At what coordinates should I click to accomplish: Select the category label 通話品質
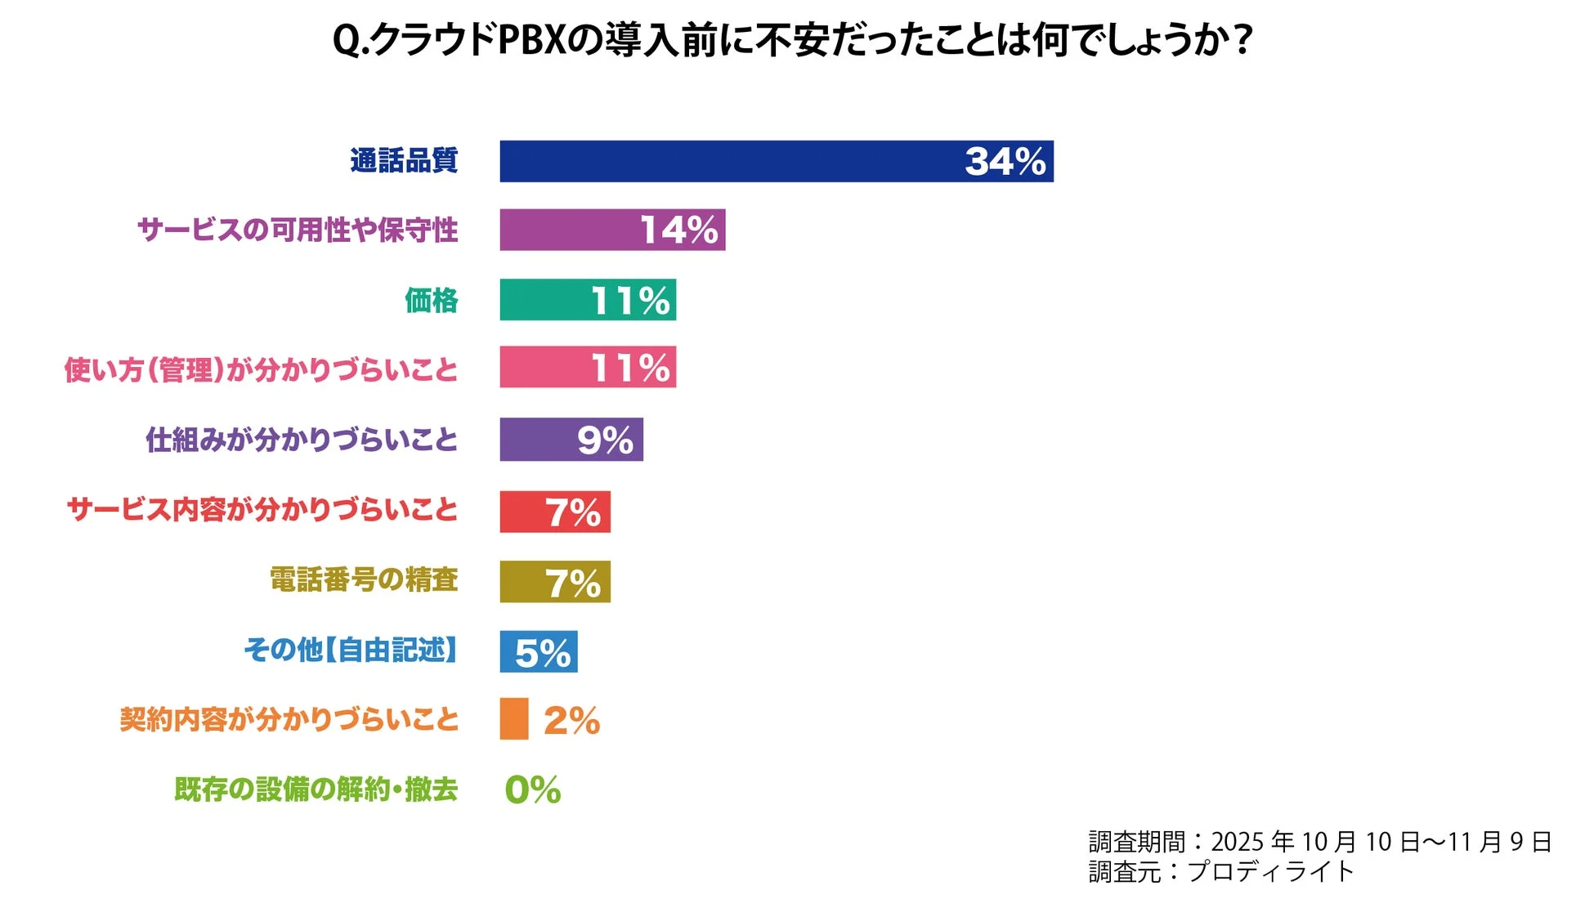tap(404, 161)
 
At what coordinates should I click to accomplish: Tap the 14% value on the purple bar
tap(678, 230)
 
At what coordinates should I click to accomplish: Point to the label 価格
tap(431, 301)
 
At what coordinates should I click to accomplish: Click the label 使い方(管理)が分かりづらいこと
tap(261, 369)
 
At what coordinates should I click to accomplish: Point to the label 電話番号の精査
tap(363, 580)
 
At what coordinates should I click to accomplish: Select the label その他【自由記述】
tap(351, 651)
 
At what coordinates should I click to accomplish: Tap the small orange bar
tap(514, 719)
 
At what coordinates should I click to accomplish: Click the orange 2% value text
tap(571, 721)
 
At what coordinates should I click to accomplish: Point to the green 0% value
tap(532, 789)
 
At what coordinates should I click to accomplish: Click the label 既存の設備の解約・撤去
tap(316, 789)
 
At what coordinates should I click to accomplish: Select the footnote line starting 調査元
tap(1220, 872)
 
